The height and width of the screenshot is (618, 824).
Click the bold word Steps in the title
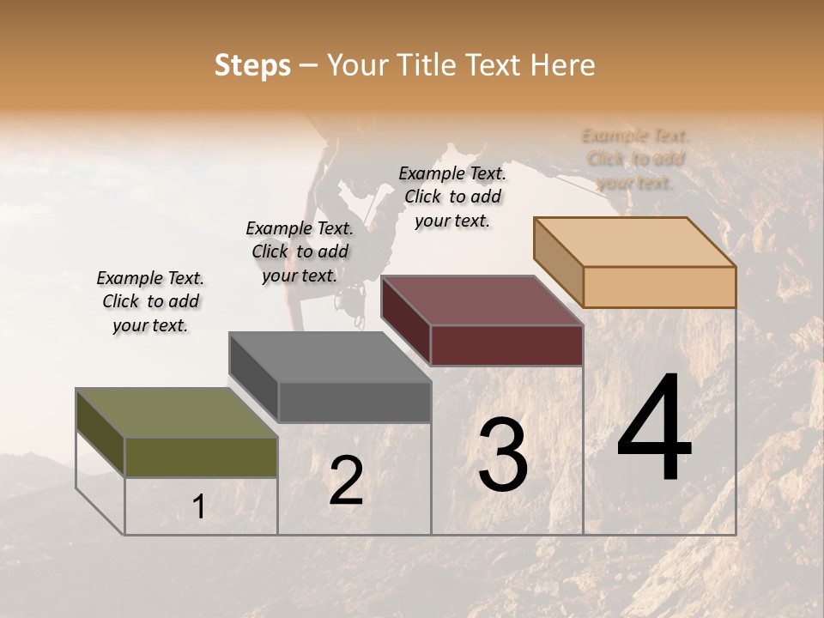(x=252, y=65)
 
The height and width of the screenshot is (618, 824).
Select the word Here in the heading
(x=562, y=65)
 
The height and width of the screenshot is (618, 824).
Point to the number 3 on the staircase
(x=503, y=455)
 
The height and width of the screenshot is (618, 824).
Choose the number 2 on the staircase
(x=346, y=482)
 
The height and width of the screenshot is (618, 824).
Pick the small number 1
(x=199, y=507)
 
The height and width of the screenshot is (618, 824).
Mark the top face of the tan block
(x=634, y=242)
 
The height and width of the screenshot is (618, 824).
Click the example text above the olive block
(x=150, y=301)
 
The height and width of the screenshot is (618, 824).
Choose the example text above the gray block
(x=300, y=251)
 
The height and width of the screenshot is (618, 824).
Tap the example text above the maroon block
(x=452, y=197)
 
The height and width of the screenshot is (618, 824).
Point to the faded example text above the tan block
(x=635, y=159)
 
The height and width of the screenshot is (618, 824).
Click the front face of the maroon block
(x=506, y=346)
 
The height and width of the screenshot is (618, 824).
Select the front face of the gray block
(x=354, y=402)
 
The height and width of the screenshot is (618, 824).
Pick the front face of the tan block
(x=659, y=287)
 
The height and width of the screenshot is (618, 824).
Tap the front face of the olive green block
(x=201, y=457)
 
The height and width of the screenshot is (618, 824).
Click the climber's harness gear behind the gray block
(x=350, y=300)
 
